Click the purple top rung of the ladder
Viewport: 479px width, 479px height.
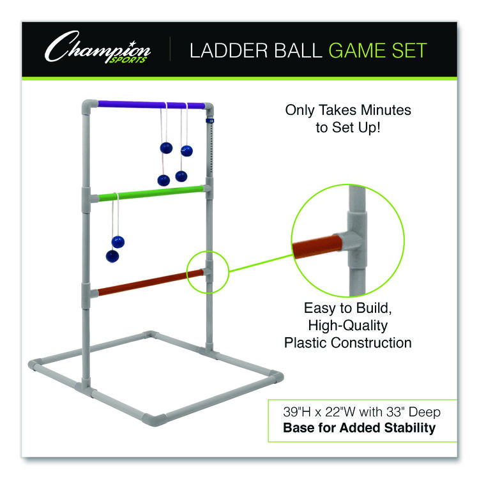coord(151,105)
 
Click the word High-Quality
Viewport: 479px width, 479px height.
coord(347,326)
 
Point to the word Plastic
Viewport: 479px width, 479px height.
coord(307,343)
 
